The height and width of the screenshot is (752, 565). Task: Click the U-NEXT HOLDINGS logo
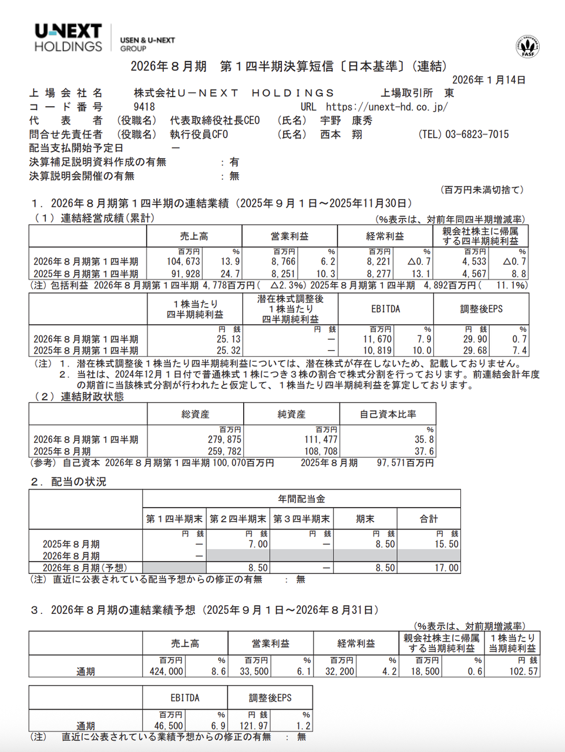click(68, 38)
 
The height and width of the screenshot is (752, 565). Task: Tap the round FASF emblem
click(527, 46)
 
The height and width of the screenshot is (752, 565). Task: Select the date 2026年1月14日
click(489, 80)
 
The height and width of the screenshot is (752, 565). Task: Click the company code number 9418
click(144, 107)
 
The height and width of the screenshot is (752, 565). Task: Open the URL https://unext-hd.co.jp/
click(386, 107)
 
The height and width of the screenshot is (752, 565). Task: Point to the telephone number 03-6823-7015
click(477, 135)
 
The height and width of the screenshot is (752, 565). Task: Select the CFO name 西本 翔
click(341, 135)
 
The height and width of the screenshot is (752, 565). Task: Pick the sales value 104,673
click(183, 261)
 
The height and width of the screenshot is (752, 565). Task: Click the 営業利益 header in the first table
click(289, 236)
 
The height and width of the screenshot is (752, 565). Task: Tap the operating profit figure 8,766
click(283, 261)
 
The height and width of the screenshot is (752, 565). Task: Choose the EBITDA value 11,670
click(376, 339)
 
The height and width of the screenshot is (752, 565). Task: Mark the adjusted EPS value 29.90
click(475, 339)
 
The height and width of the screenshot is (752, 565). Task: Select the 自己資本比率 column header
click(388, 414)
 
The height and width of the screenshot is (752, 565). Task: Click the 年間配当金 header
click(301, 499)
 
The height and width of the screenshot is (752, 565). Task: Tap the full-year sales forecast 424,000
click(167, 671)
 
